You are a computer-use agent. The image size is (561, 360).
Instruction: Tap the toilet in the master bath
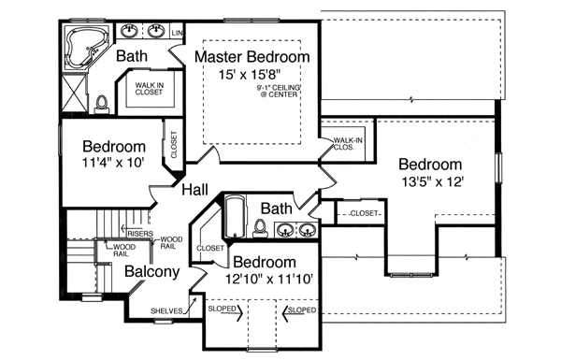pyautogui.click(x=102, y=101)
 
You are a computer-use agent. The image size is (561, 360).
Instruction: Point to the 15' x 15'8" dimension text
pyautogui.click(x=252, y=76)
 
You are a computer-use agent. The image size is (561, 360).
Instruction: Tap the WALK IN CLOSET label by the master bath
pyautogui.click(x=148, y=89)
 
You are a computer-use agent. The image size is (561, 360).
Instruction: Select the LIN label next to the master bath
pyautogui.click(x=177, y=33)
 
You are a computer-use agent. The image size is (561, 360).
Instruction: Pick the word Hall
pyautogui.click(x=194, y=190)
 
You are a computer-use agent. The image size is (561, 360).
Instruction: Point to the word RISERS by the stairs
pyautogui.click(x=140, y=234)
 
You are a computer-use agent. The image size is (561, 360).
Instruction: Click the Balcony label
pyautogui.click(x=152, y=272)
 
